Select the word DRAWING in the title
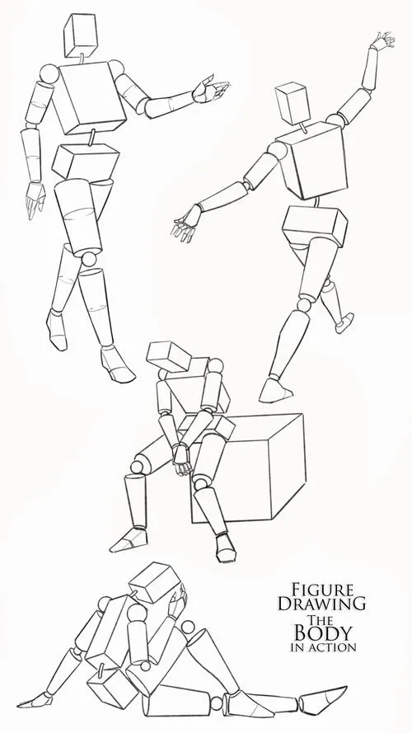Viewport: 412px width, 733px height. click(x=322, y=604)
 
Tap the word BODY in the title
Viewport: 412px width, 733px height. click(x=322, y=633)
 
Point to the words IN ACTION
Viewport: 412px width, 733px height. click(x=323, y=647)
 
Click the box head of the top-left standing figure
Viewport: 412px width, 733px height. click(x=81, y=35)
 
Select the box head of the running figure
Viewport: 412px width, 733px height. click(x=293, y=103)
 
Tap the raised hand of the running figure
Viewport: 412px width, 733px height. click(x=383, y=40)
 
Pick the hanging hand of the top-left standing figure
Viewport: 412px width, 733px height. click(x=35, y=200)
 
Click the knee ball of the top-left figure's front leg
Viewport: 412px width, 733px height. click(x=89, y=259)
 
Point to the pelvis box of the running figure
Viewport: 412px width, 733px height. click(x=315, y=226)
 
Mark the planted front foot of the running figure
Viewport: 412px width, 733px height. click(x=274, y=391)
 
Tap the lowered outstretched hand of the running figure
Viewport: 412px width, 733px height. click(x=186, y=224)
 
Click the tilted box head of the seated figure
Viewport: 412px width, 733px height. click(x=168, y=357)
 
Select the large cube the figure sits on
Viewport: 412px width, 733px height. click(x=252, y=468)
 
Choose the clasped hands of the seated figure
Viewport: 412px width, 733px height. click(x=181, y=459)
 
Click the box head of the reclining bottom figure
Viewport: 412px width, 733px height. click(x=155, y=582)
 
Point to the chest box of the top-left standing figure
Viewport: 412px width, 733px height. click(x=89, y=97)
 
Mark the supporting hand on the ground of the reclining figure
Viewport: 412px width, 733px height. click(x=35, y=700)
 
